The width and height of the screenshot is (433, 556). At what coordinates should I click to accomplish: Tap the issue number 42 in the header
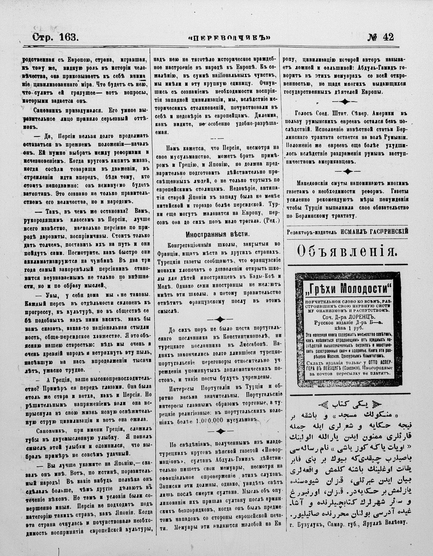[386, 37]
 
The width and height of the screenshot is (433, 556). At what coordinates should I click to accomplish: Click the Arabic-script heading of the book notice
[346, 403]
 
